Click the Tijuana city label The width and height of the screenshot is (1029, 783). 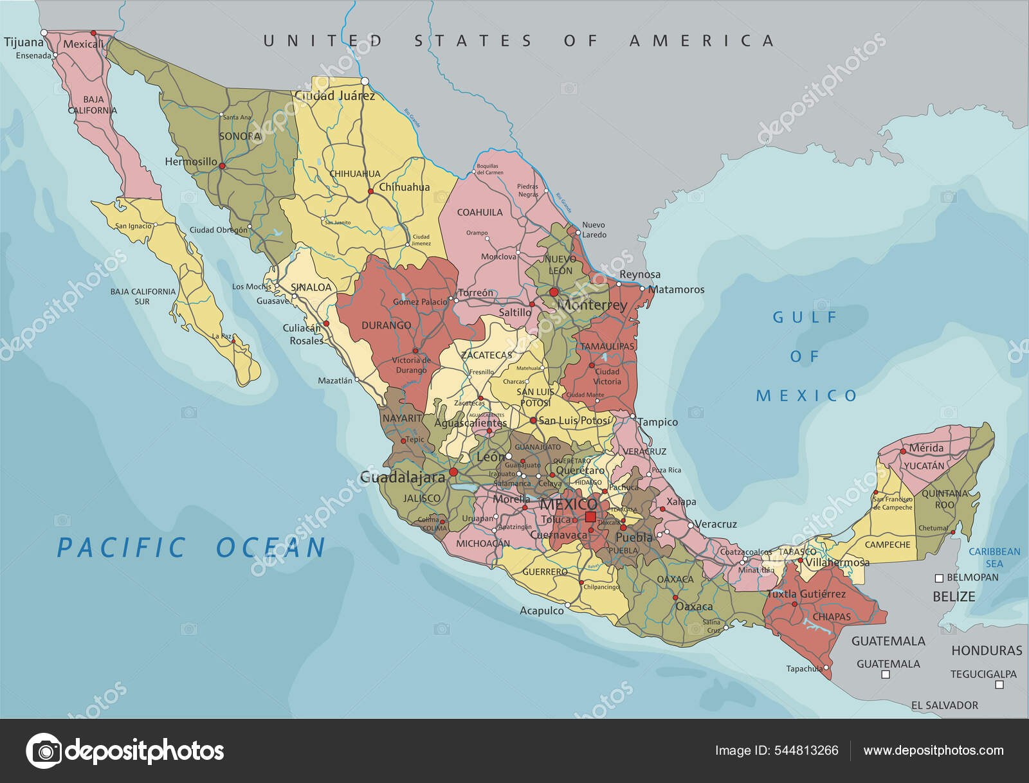click(24, 42)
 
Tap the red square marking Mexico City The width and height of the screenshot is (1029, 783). click(590, 517)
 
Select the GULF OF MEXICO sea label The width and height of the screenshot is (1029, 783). click(806, 356)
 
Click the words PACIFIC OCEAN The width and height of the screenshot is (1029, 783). click(191, 548)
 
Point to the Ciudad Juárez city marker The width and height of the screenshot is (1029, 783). click(365, 81)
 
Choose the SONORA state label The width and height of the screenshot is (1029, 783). click(240, 136)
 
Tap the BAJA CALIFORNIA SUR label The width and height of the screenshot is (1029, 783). click(143, 296)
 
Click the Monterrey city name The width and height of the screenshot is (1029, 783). click(592, 305)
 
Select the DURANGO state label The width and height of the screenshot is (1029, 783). click(386, 325)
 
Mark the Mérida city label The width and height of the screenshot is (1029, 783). click(926, 447)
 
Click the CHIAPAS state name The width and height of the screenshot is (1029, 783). click(832, 616)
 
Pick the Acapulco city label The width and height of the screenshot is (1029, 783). click(542, 611)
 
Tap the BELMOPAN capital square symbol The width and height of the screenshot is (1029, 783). click(939, 578)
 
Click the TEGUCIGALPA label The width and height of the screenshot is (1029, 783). click(983, 674)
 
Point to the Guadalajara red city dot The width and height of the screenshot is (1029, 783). click(453, 472)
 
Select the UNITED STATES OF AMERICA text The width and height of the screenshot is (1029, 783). click(519, 41)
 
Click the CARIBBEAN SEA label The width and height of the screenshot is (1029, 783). click(994, 557)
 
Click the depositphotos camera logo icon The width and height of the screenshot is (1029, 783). click(44, 750)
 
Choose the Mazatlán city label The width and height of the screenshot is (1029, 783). click(335, 381)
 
